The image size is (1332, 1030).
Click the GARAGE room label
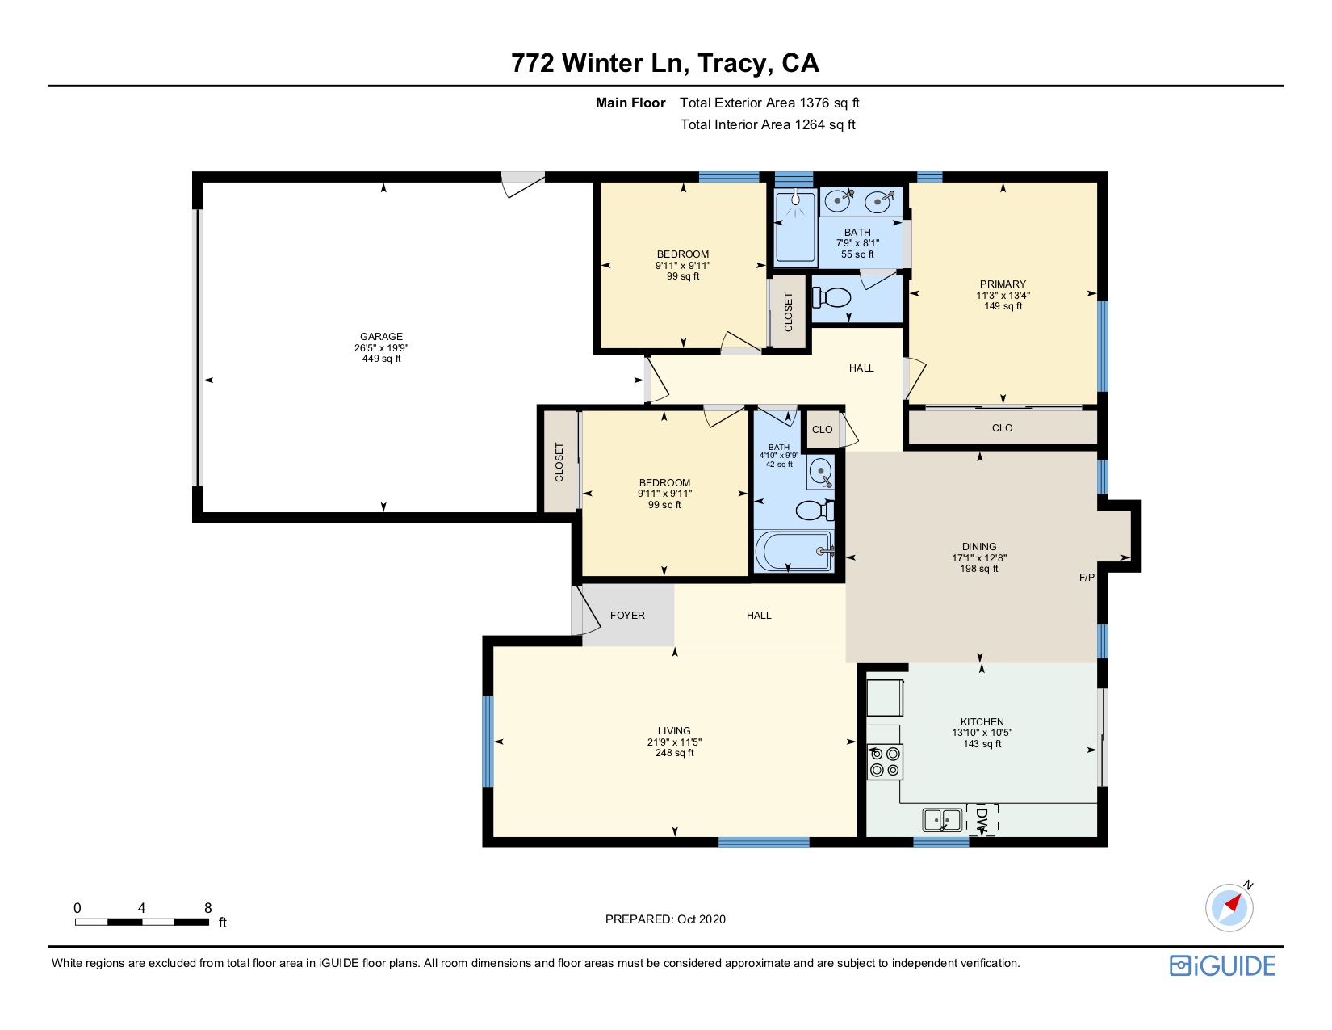381,337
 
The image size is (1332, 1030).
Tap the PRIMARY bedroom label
1003,284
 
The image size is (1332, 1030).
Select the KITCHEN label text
982,722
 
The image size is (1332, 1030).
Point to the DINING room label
979,547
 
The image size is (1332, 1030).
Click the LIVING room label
674,730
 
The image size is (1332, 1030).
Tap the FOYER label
627,616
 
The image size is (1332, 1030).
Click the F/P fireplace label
1087,578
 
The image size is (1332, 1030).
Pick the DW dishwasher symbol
982,818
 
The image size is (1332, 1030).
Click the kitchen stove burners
885,761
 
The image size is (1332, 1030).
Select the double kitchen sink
942,820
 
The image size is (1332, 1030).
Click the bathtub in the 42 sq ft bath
794,551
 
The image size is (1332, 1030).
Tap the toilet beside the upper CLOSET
831,297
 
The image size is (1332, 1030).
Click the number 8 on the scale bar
207,908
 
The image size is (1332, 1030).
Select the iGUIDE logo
1222,965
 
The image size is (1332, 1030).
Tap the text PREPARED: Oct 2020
665,919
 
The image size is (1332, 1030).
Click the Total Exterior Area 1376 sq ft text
769,103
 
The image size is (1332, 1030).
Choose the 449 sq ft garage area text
381,359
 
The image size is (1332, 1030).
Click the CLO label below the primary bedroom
1002,428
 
